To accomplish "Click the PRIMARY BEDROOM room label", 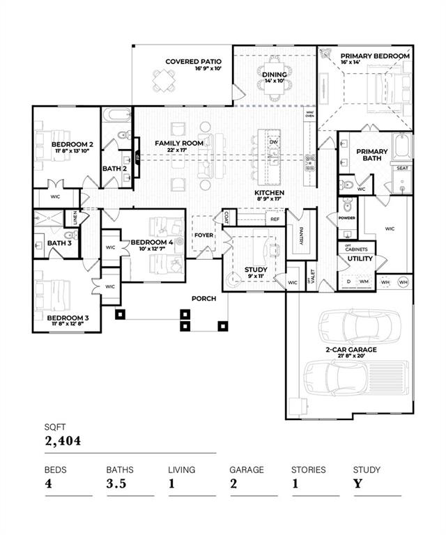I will [x=375, y=56].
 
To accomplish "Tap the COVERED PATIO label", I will [x=193, y=61].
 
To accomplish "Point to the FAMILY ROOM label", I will [x=179, y=143].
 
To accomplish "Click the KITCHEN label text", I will [x=268, y=192].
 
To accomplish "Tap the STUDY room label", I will [x=256, y=270].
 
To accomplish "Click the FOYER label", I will [x=203, y=235].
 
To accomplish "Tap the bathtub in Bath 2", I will [x=116, y=115].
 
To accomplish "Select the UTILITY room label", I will [x=355, y=258].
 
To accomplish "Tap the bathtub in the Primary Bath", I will [x=402, y=146].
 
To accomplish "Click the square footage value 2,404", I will [x=63, y=440].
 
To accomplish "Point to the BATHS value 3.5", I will [x=116, y=483].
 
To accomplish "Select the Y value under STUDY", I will [x=357, y=483].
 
